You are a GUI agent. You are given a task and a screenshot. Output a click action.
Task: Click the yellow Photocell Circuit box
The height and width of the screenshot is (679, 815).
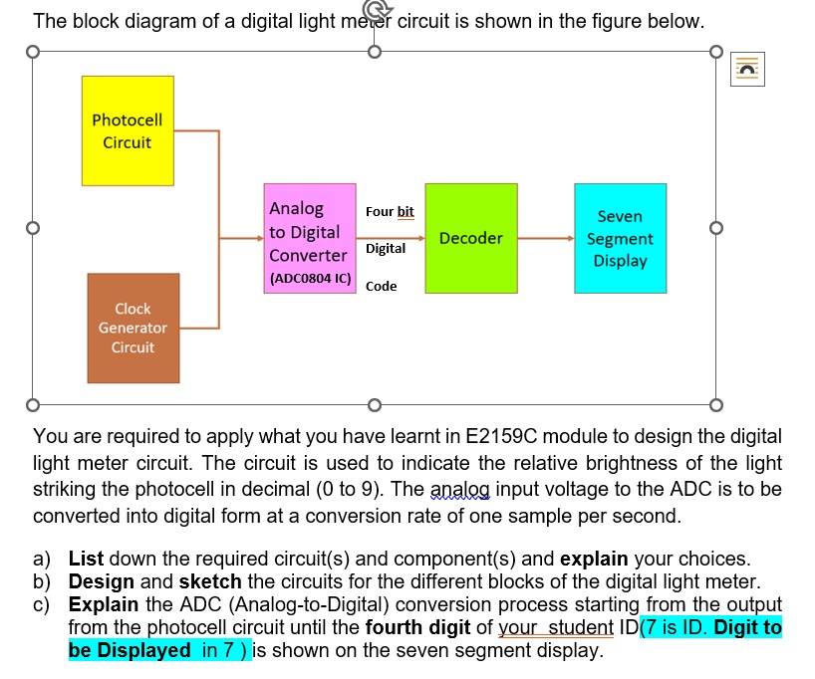tap(127, 130)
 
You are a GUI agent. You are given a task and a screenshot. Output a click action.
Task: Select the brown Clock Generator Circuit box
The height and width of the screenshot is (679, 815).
tap(133, 329)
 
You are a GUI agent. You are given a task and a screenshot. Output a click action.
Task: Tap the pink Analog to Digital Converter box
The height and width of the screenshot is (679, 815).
tap(310, 238)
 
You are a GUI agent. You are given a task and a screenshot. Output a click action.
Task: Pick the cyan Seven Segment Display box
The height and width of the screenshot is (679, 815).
tap(620, 238)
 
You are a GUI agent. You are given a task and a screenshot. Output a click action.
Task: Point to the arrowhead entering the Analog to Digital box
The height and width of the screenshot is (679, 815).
tap(257, 239)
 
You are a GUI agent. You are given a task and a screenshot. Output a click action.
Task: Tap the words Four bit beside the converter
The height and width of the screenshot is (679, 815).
tap(390, 212)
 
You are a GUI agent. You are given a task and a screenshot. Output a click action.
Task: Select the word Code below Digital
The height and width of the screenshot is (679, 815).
tap(381, 286)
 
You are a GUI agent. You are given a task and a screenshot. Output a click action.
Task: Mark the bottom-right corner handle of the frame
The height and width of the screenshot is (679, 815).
tap(714, 405)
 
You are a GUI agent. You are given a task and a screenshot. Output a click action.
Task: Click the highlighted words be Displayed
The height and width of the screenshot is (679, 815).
tap(130, 650)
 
